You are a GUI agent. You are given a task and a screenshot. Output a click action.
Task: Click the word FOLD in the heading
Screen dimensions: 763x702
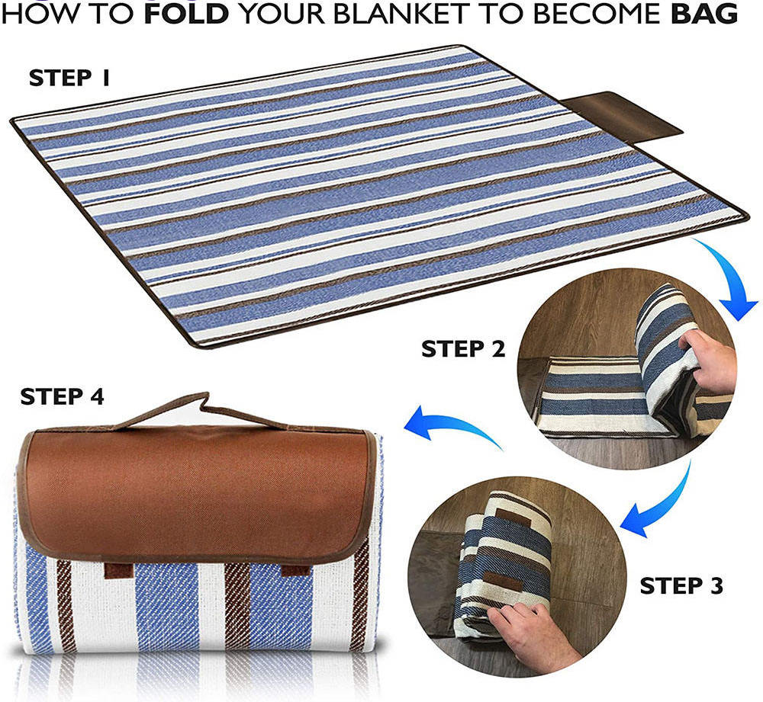[x=186, y=14]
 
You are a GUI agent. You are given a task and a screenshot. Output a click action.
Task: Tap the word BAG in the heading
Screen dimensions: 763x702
[x=704, y=14]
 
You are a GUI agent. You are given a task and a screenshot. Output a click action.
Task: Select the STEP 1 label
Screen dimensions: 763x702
[x=69, y=78]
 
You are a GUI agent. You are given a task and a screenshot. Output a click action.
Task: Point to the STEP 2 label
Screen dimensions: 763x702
[x=463, y=348]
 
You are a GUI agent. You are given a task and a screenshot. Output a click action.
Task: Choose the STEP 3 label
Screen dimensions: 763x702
[x=681, y=585]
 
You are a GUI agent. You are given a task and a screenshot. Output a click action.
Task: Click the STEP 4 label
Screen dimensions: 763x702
[x=63, y=396]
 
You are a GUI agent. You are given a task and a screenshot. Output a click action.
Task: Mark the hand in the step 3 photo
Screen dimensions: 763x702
[x=530, y=632]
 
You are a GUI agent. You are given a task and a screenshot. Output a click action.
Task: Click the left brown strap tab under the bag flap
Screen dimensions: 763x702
[x=119, y=570]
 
